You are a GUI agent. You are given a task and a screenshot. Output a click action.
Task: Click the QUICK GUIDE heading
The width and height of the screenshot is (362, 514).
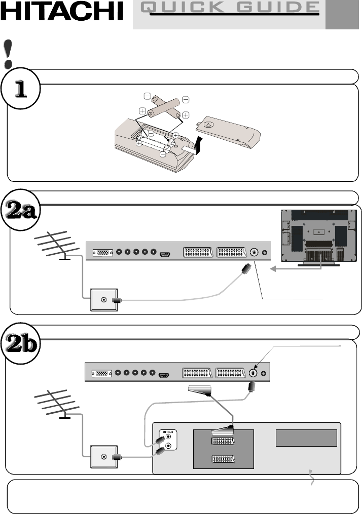pyautogui.click(x=230, y=8)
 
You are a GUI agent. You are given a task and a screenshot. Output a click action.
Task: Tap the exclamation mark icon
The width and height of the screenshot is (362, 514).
pyautogui.click(x=8, y=54)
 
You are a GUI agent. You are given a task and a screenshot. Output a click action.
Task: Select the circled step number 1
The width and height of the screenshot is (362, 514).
pyautogui.click(x=21, y=89)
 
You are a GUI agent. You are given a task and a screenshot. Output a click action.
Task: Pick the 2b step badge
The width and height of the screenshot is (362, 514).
pyautogui.click(x=21, y=344)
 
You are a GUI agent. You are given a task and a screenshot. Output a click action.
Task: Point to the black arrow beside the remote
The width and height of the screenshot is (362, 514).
pyautogui.click(x=198, y=145)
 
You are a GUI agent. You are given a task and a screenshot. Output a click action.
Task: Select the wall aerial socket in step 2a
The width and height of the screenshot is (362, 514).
pyautogui.click(x=104, y=300)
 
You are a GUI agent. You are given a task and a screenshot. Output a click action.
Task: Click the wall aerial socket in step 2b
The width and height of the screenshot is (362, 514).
pyautogui.click(x=104, y=457)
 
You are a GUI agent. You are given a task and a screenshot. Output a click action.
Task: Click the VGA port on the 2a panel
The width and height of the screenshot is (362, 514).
pyautogui.click(x=103, y=253)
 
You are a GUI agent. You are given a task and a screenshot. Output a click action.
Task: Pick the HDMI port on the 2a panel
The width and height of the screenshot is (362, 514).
pyautogui.click(x=164, y=254)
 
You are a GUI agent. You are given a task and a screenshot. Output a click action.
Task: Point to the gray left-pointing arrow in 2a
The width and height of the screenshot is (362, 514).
pyautogui.click(x=296, y=269)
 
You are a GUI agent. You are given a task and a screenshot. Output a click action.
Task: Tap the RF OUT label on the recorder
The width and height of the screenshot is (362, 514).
pyautogui.click(x=168, y=432)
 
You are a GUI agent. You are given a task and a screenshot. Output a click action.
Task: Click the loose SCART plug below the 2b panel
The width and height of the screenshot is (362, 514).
pyautogui.click(x=199, y=390)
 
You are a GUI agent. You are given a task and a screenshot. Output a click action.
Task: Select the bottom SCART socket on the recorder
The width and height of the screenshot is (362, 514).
pyautogui.click(x=223, y=459)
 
